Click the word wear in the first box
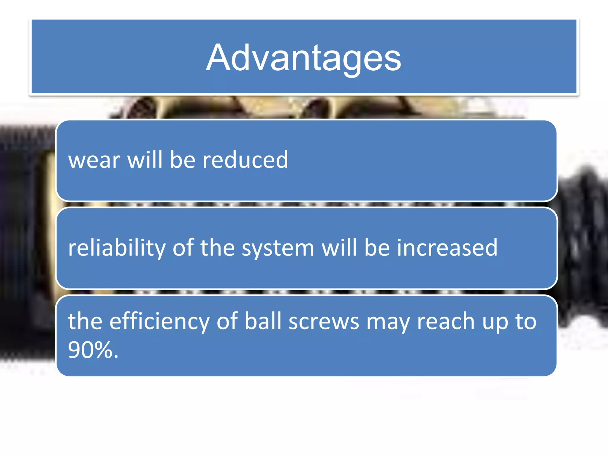[x=94, y=160]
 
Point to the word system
[x=278, y=248]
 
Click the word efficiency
[x=159, y=322]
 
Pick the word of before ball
[x=227, y=321]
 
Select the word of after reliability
[x=183, y=248]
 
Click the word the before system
[x=217, y=248]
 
